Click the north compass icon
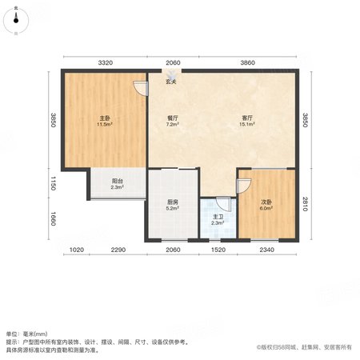(16, 20)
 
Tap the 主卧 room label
(105, 118)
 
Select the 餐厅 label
(173, 118)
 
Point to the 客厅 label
(247, 118)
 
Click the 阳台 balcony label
(118, 181)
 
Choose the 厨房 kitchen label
(173, 202)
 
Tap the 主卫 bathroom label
(218, 217)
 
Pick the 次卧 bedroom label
(266, 202)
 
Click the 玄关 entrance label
(171, 82)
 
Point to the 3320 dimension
(106, 62)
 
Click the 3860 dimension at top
(248, 62)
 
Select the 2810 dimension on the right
(306, 204)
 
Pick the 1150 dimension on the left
(53, 183)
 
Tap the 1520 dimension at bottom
(218, 250)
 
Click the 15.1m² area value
(247, 124)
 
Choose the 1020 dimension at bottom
(77, 250)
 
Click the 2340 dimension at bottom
(266, 250)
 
